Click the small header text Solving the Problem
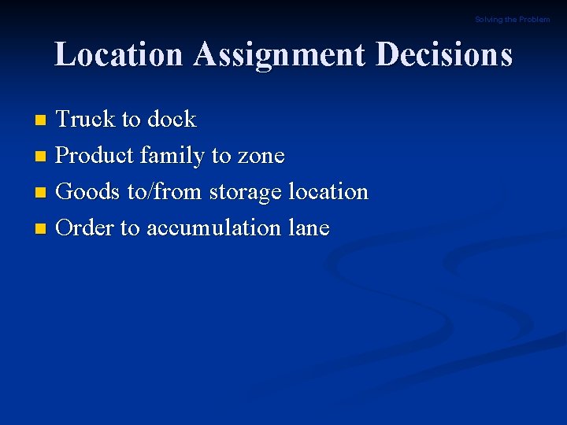click(x=512, y=20)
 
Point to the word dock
click(x=171, y=120)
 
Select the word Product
click(x=95, y=156)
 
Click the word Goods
click(x=89, y=192)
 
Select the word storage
click(x=246, y=192)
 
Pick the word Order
click(x=86, y=228)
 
